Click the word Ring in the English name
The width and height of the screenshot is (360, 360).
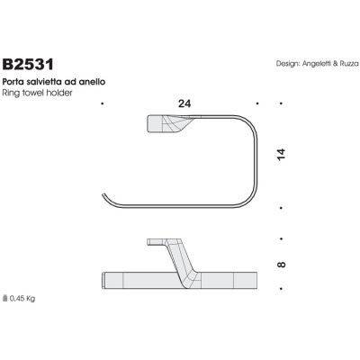[12, 93]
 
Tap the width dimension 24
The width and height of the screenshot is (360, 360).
[184, 104]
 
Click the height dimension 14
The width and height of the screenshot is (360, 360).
[282, 154]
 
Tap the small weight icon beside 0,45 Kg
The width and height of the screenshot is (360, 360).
[6, 298]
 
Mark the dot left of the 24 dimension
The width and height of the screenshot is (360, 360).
[103, 105]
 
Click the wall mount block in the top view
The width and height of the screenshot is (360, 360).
[163, 124]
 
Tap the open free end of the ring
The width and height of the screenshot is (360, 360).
[104, 197]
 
